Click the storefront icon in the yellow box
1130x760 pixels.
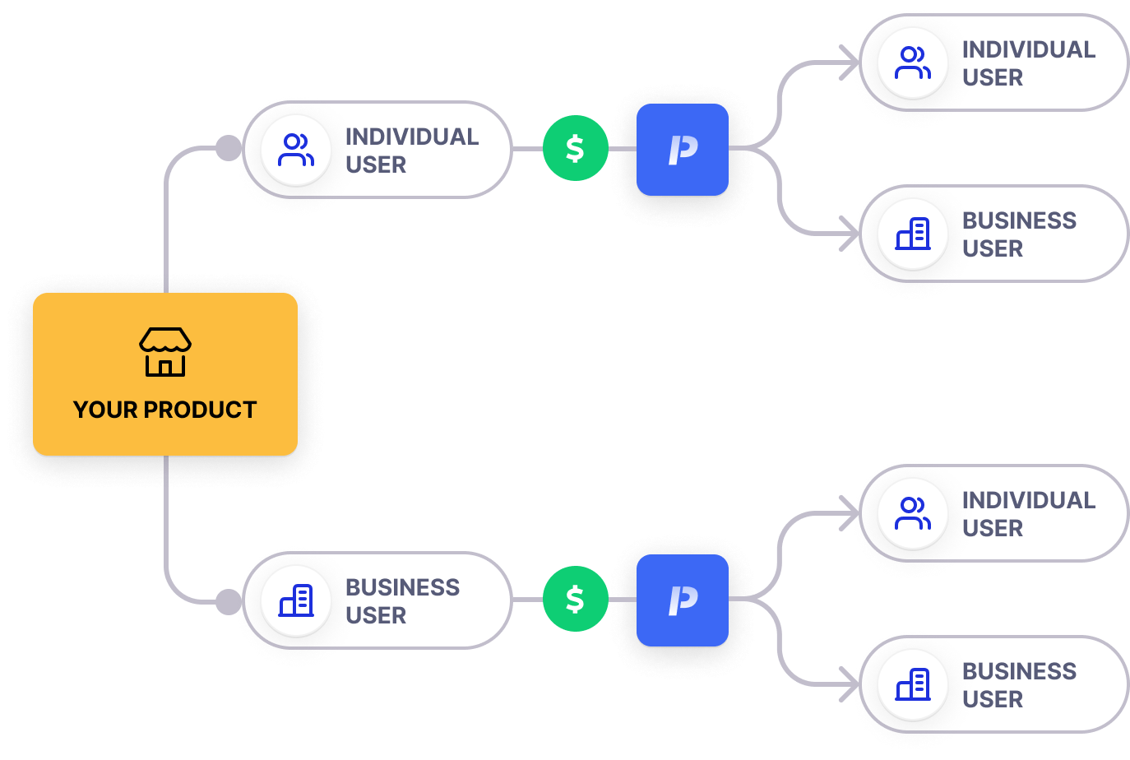coord(165,352)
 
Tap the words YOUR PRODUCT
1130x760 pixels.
coord(165,410)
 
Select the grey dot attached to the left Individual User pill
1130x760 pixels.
coord(228,149)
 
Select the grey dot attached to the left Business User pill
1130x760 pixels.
coord(228,601)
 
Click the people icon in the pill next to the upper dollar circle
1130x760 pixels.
coord(295,150)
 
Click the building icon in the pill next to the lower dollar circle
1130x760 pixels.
coord(295,600)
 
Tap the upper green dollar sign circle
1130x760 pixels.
coord(575,149)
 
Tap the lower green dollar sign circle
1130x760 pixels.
coord(575,599)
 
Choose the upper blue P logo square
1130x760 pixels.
coord(683,150)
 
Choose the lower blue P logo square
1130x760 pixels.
coord(683,600)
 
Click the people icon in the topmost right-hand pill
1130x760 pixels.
coord(912,63)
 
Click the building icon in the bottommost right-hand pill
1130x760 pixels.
coord(912,684)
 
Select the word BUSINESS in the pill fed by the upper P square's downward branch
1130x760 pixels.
coord(1019,220)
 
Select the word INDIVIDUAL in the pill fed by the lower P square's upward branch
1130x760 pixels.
coord(1028,500)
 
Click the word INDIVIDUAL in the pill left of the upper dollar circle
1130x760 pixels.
coord(411,137)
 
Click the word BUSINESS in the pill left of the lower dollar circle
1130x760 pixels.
coord(402,587)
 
